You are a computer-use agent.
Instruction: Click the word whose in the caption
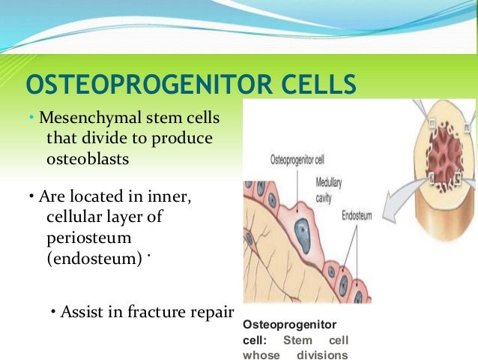click(258, 355)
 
